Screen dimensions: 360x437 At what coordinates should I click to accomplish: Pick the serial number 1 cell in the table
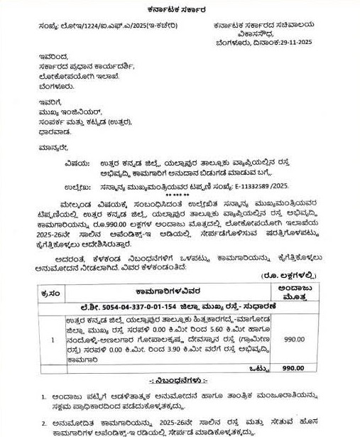(x=46, y=340)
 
